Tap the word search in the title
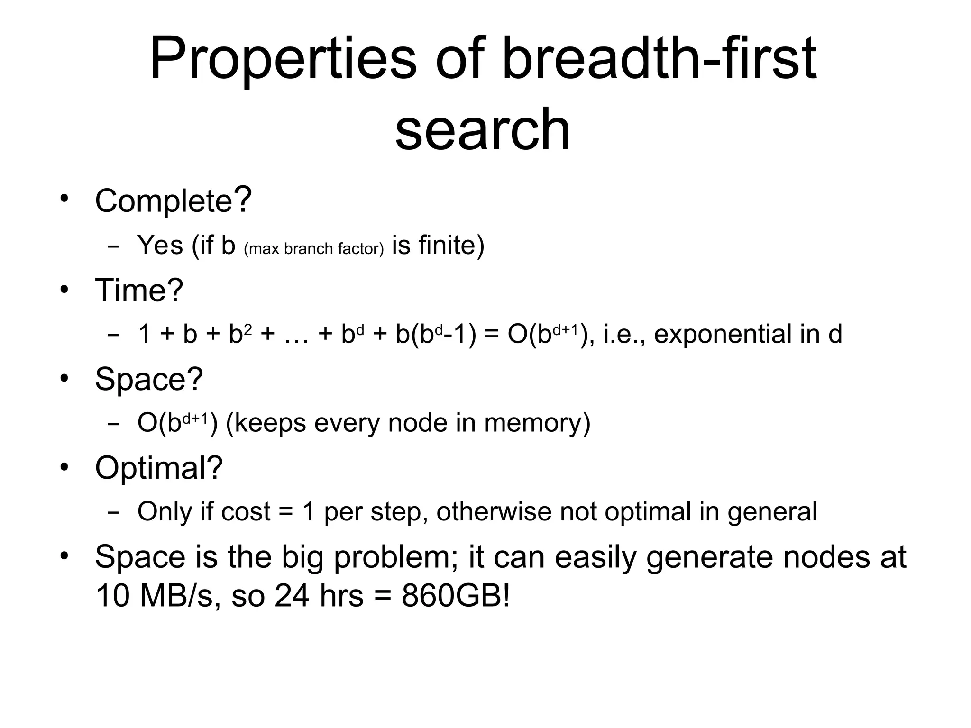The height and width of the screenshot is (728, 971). click(x=483, y=129)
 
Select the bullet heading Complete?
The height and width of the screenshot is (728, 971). click(x=173, y=200)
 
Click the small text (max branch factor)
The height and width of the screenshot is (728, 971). click(x=313, y=249)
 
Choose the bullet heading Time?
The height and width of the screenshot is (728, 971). click(x=139, y=290)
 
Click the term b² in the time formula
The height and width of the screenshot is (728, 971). click(x=240, y=334)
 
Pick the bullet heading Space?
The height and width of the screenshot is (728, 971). click(x=149, y=379)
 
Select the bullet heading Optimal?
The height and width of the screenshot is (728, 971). click(x=159, y=467)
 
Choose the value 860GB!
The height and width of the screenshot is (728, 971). click(x=456, y=596)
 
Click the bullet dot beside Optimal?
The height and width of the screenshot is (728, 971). click(x=65, y=466)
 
